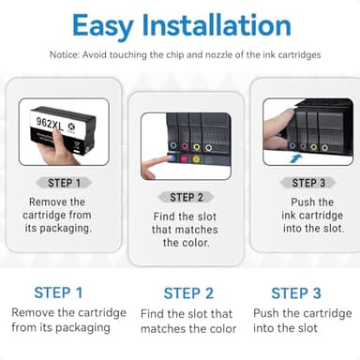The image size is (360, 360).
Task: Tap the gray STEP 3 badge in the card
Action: [304, 183]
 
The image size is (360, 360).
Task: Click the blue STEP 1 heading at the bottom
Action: [58, 292]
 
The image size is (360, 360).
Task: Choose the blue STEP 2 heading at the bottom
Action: [188, 292]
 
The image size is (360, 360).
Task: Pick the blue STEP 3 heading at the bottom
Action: [296, 292]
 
